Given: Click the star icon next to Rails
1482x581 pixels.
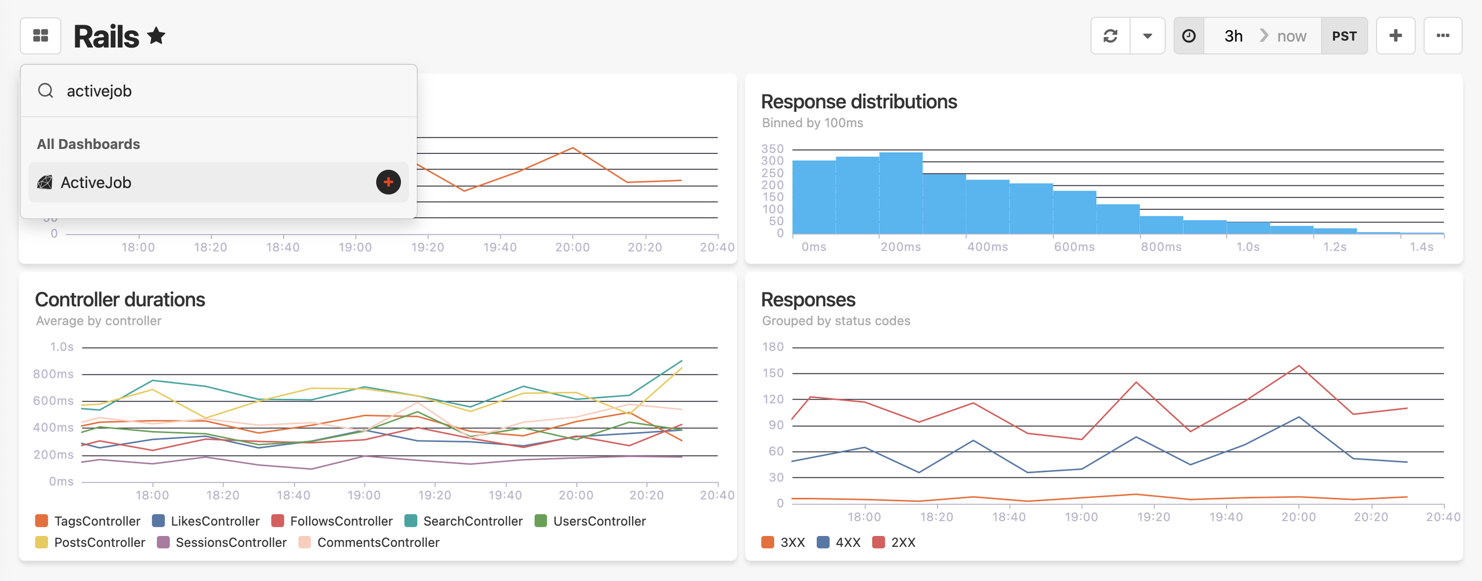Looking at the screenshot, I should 156,36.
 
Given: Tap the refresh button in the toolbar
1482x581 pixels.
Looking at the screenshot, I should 1110,36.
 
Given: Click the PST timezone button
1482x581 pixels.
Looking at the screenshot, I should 1343,36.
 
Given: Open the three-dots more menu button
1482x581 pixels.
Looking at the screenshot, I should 1442,36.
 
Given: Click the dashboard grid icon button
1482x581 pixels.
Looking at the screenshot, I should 40,36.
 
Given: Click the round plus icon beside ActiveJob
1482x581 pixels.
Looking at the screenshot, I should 388,182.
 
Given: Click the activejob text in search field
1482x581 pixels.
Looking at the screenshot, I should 99,91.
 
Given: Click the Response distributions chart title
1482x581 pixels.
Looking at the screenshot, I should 858,102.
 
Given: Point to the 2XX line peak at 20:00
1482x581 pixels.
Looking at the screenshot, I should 1298,366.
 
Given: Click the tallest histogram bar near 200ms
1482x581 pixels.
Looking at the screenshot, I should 901,193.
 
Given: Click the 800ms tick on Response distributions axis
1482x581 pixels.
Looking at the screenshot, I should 1161,247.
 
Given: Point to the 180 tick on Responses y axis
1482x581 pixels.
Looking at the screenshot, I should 772,347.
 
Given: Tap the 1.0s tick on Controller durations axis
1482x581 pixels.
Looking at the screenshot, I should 62,347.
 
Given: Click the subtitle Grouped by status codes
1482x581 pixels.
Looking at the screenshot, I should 836,321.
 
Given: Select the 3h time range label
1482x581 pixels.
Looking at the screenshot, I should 1233,36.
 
